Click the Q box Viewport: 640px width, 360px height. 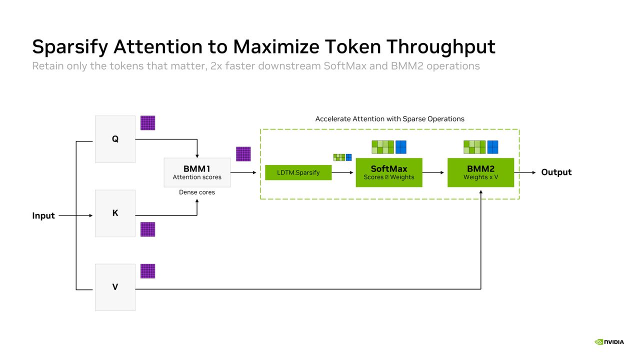(115, 139)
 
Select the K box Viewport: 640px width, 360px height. (115, 213)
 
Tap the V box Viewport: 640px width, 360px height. (115, 287)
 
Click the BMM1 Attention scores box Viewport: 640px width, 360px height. (197, 172)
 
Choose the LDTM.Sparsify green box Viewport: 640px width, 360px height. (298, 172)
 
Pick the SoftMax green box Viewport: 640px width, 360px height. (389, 172)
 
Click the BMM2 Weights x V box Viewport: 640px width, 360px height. (480, 172)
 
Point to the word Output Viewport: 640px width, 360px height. (556, 172)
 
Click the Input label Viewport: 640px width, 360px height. (43, 215)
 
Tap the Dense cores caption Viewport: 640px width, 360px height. (197, 192)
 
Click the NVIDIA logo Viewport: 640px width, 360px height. (609, 342)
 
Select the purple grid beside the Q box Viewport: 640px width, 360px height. (147, 123)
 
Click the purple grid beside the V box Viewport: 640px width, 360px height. (147, 271)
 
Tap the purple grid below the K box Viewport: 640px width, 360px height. (147, 229)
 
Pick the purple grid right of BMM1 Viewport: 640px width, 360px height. (243, 154)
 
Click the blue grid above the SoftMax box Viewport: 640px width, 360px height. (401, 147)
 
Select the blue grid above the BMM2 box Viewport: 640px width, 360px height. (492, 147)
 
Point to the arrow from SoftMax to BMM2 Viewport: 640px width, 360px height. (433, 172)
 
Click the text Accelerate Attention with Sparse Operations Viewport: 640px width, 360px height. (389, 119)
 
